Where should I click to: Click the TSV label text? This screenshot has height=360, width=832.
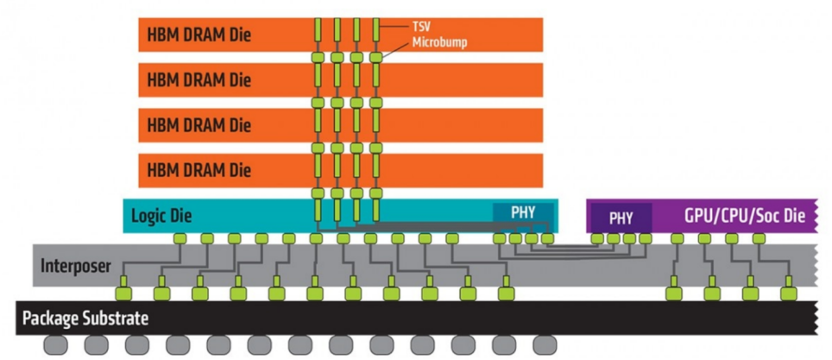click(421, 26)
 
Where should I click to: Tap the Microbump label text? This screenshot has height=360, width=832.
click(440, 43)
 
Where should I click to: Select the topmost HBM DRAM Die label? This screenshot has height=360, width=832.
click(199, 35)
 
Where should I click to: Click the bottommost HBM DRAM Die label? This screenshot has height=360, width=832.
click(199, 171)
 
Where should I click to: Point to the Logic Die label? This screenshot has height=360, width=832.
click(162, 216)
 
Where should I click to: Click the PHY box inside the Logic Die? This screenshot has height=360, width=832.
click(523, 212)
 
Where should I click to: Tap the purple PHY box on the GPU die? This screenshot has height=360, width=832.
click(621, 218)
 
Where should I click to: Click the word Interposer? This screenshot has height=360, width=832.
click(76, 265)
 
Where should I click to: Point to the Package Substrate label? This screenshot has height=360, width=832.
click(85, 319)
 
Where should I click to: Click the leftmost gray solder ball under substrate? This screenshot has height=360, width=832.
click(56, 345)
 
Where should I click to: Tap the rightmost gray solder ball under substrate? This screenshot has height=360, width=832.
click(545, 345)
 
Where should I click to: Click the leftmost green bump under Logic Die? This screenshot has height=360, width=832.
click(180, 238)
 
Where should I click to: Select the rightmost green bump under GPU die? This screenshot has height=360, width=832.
click(759, 238)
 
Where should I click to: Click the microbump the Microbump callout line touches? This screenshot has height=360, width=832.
click(375, 57)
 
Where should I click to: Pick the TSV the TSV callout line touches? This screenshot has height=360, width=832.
click(375, 30)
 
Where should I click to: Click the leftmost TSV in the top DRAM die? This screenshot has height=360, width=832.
click(318, 30)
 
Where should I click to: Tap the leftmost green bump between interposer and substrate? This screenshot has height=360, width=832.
click(123, 294)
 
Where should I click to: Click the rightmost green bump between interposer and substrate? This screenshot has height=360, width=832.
click(789, 294)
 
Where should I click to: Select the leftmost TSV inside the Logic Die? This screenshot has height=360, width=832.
click(318, 210)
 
